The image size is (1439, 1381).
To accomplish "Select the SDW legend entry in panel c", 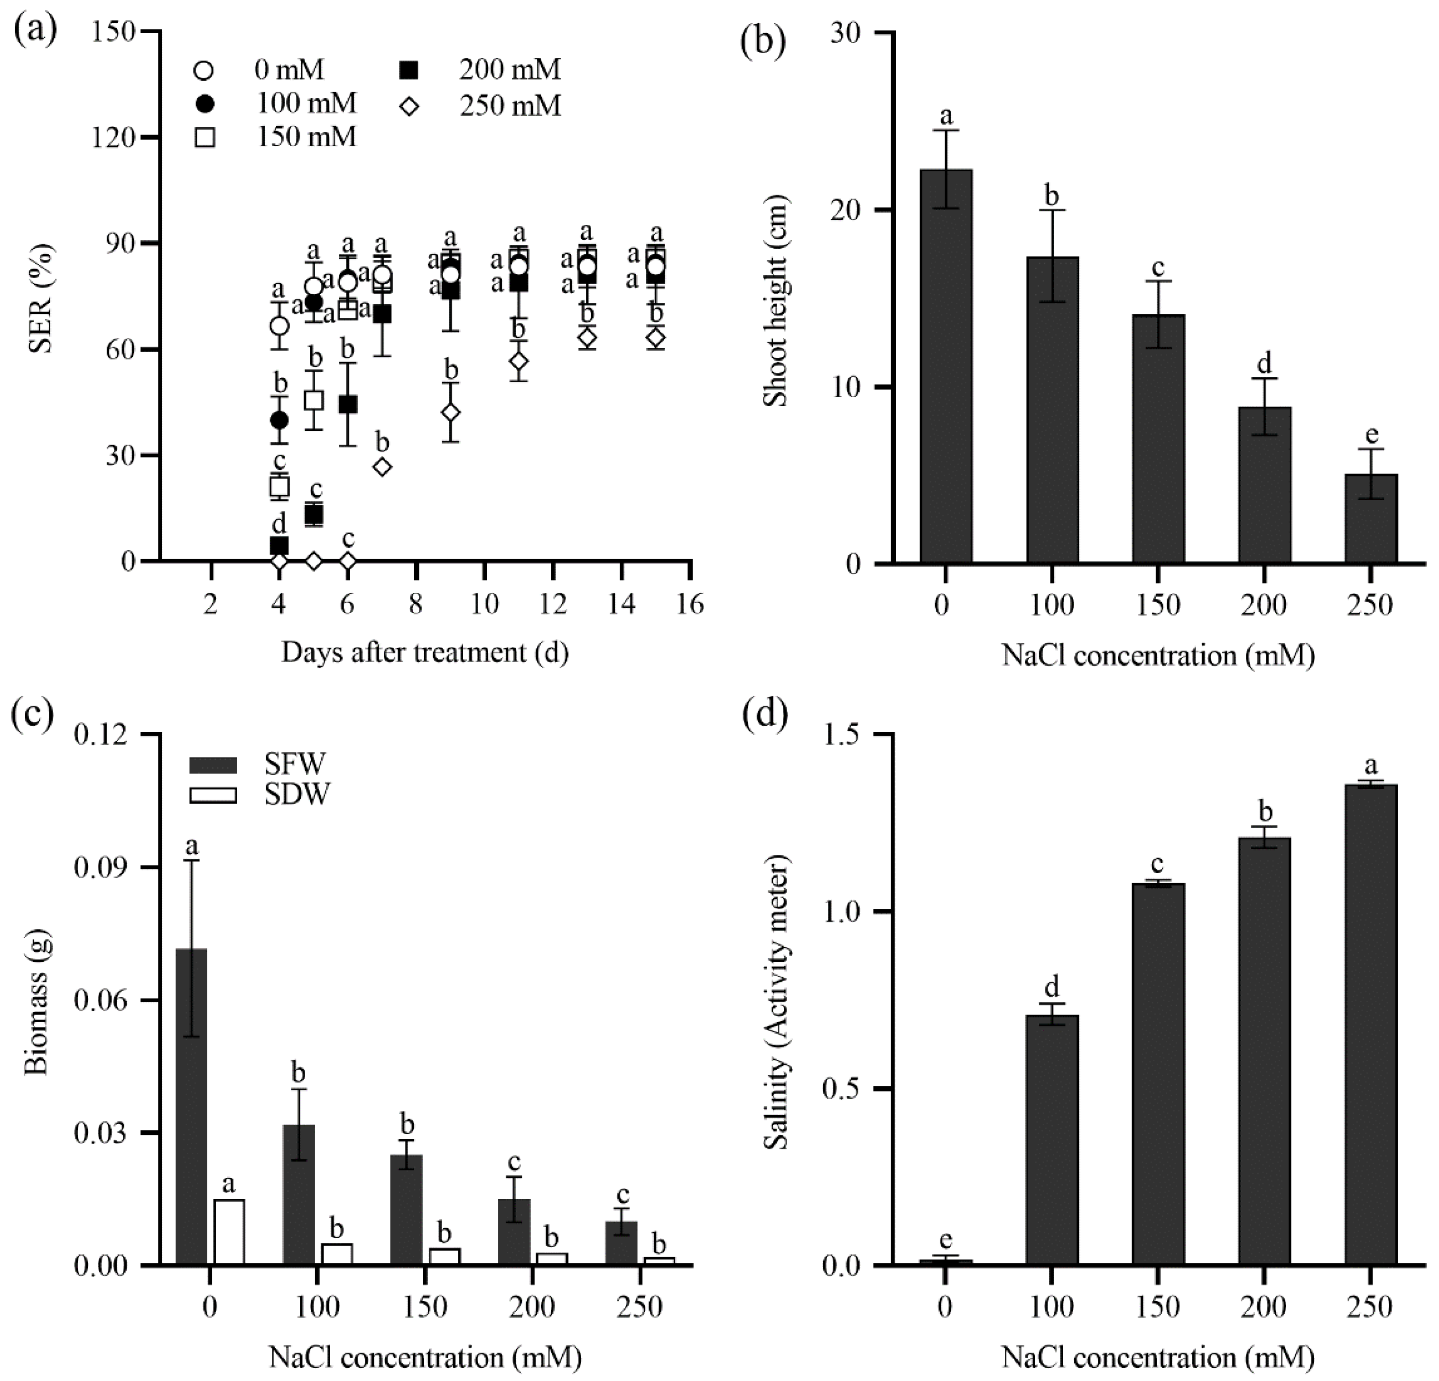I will point(260,793).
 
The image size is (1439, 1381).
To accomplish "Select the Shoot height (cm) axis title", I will point(775,300).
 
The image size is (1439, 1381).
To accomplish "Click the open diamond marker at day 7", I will point(382,467).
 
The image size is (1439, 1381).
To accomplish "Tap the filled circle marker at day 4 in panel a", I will point(279,420).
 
